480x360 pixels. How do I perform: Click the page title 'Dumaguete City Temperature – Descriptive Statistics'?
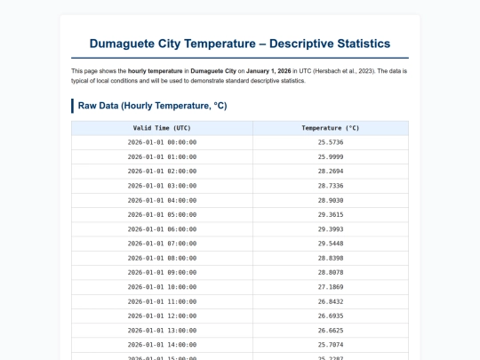[x=240, y=43]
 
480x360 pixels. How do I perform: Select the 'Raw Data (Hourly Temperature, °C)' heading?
[x=152, y=106]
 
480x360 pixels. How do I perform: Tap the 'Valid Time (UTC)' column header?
[x=162, y=128]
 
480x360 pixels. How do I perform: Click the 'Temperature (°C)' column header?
[x=330, y=128]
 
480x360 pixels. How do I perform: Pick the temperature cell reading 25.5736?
[x=330, y=142]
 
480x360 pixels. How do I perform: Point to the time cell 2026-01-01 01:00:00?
[x=162, y=156]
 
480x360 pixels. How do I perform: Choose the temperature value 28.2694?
[x=330, y=171]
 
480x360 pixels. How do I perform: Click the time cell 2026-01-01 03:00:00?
[x=162, y=186]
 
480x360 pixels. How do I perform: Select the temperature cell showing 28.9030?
[x=330, y=200]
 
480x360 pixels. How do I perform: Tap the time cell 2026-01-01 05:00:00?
[x=162, y=214]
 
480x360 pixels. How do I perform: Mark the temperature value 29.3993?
[x=330, y=228]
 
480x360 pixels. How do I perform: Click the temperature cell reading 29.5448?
[x=330, y=243]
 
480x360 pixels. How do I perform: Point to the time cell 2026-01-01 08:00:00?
[x=162, y=258]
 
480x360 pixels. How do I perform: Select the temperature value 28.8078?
[x=330, y=272]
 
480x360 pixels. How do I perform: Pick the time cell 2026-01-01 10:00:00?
[x=162, y=286]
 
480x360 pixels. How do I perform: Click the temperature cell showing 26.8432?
[x=330, y=300]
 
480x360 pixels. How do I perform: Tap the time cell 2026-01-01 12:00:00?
[x=162, y=316]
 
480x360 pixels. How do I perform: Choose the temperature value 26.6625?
[x=330, y=330]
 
